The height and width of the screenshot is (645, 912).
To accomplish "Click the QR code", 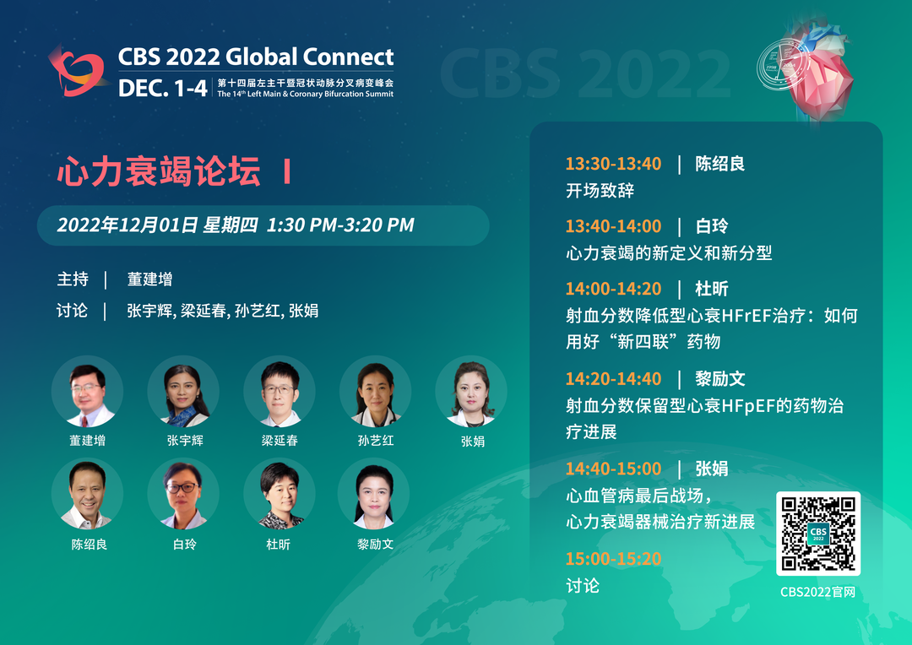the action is [x=817, y=534].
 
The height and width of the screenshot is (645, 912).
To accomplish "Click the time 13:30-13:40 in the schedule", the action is [x=613, y=164].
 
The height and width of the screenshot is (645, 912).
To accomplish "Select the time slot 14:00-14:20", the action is [x=613, y=289].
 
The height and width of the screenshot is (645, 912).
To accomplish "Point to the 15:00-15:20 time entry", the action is [x=613, y=558].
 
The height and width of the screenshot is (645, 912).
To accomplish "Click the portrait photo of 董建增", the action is [x=87, y=392].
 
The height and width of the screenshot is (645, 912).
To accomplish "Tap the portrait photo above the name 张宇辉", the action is [x=183, y=392].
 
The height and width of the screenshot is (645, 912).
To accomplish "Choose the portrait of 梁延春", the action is [x=280, y=392].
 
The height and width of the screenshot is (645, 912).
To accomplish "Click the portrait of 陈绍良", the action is [x=87, y=494].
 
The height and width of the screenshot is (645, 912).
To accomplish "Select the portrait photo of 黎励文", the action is [x=374, y=494].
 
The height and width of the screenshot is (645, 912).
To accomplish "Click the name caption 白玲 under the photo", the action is [x=185, y=545].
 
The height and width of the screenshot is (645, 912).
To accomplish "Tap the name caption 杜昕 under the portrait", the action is [x=278, y=545].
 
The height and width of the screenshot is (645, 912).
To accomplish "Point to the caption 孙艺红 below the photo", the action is [x=376, y=441].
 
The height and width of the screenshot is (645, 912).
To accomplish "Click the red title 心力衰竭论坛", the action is [x=159, y=171].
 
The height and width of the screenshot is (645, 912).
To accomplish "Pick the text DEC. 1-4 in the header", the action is [x=162, y=89].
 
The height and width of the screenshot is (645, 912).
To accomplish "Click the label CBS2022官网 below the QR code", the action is [x=817, y=592].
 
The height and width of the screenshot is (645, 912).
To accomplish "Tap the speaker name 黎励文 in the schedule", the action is [x=720, y=378].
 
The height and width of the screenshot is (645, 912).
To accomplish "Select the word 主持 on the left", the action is [x=73, y=279].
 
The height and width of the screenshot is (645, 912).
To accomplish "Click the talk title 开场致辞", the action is [x=600, y=190].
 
